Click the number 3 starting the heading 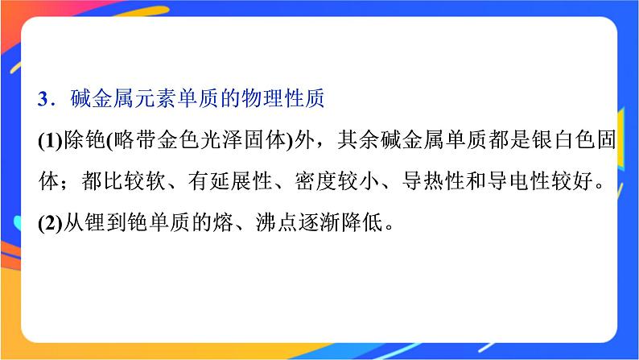(43, 99)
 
